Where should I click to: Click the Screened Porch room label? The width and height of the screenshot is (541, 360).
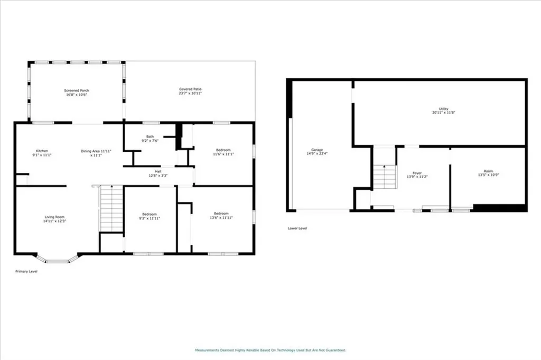77,93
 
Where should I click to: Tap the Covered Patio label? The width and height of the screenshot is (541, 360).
190,92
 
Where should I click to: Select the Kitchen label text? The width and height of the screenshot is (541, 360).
42,153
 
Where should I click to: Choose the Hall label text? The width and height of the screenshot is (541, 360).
158,173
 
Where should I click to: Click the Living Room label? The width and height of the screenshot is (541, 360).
54,219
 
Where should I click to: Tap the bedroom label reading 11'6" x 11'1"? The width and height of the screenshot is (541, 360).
223,152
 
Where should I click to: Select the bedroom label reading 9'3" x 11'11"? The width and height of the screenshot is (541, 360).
150,216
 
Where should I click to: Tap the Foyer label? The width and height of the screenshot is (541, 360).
417,175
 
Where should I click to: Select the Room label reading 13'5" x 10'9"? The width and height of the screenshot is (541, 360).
488,173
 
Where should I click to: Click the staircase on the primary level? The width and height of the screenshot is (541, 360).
111,209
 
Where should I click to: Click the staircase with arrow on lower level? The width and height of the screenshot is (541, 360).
385,177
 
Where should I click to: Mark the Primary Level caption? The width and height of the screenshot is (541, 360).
26,271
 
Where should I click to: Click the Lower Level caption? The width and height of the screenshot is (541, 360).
297,228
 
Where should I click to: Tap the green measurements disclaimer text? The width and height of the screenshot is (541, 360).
270,350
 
